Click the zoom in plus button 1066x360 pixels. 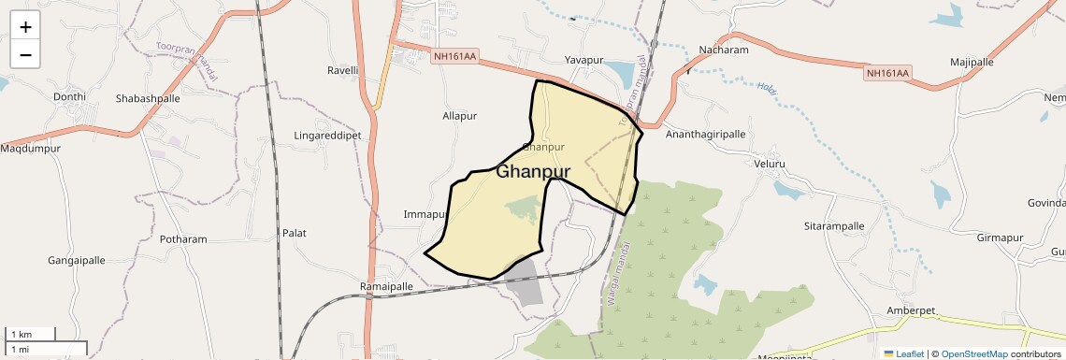click(25, 27)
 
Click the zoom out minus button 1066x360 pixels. click(25, 55)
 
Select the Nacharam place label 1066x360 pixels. click(724, 50)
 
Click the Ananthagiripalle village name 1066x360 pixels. click(705, 135)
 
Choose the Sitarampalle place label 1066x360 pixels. click(834, 226)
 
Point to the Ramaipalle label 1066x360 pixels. click(386, 286)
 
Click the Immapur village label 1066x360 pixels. click(424, 215)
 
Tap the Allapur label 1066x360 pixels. click(459, 116)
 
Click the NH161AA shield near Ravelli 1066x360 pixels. click(454, 57)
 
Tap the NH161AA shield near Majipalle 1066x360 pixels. click(886, 73)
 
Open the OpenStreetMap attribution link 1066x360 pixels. click(973, 354)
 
